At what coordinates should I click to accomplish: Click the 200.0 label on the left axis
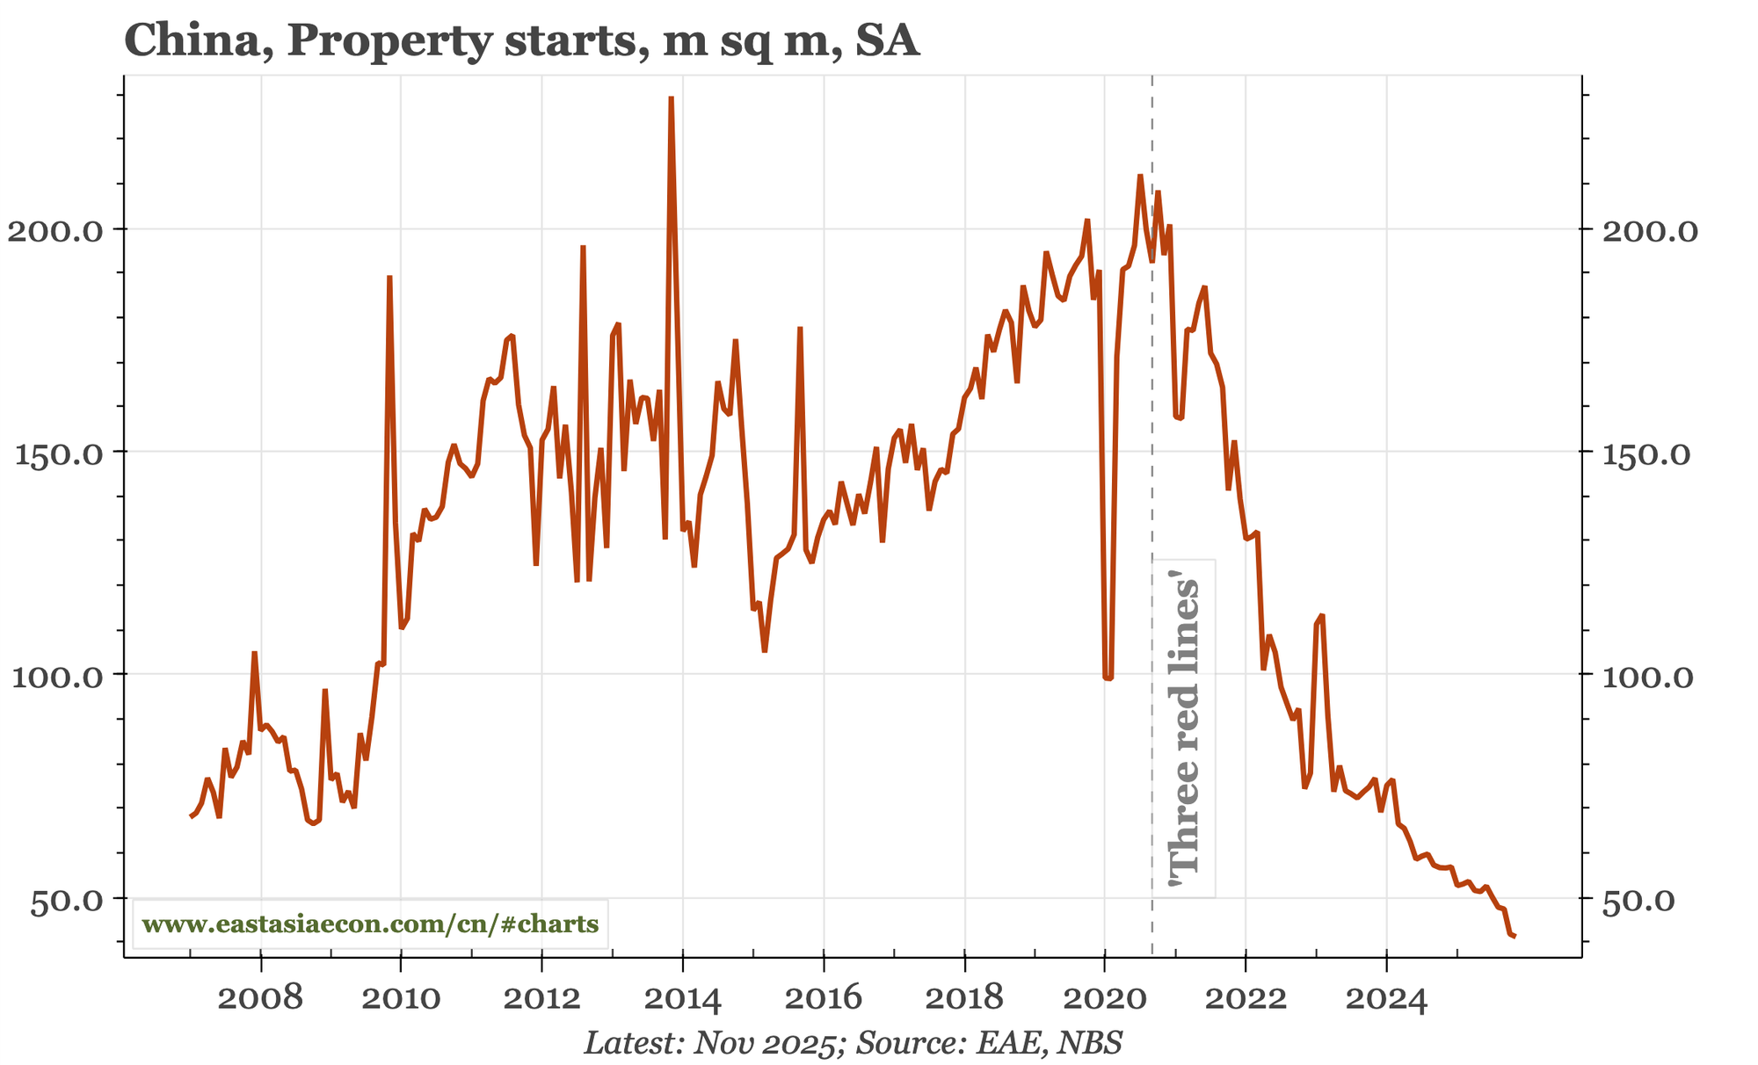point(55,230)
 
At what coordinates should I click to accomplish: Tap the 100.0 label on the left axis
point(55,676)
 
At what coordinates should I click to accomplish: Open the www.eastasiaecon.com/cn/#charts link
point(370,924)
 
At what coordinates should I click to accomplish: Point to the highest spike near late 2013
point(671,98)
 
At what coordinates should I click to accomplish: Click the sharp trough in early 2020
point(1108,678)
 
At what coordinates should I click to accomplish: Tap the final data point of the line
point(1515,937)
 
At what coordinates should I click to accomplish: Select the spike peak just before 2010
point(389,277)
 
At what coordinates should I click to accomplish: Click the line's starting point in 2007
point(191,817)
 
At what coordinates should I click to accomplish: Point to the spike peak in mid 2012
point(583,247)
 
